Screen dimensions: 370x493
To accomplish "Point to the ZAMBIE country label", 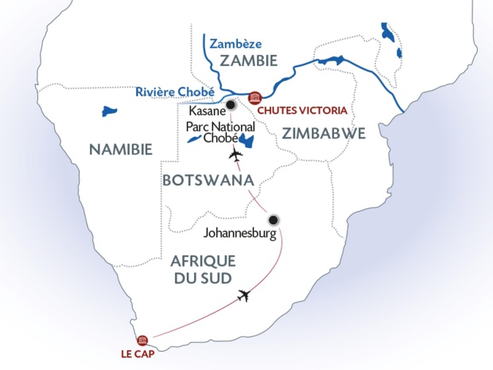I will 248,61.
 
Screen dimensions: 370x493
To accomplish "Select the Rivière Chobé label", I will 174,91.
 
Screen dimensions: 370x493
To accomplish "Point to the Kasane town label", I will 205,113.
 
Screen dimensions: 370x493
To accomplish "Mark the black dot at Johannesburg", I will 274,220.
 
